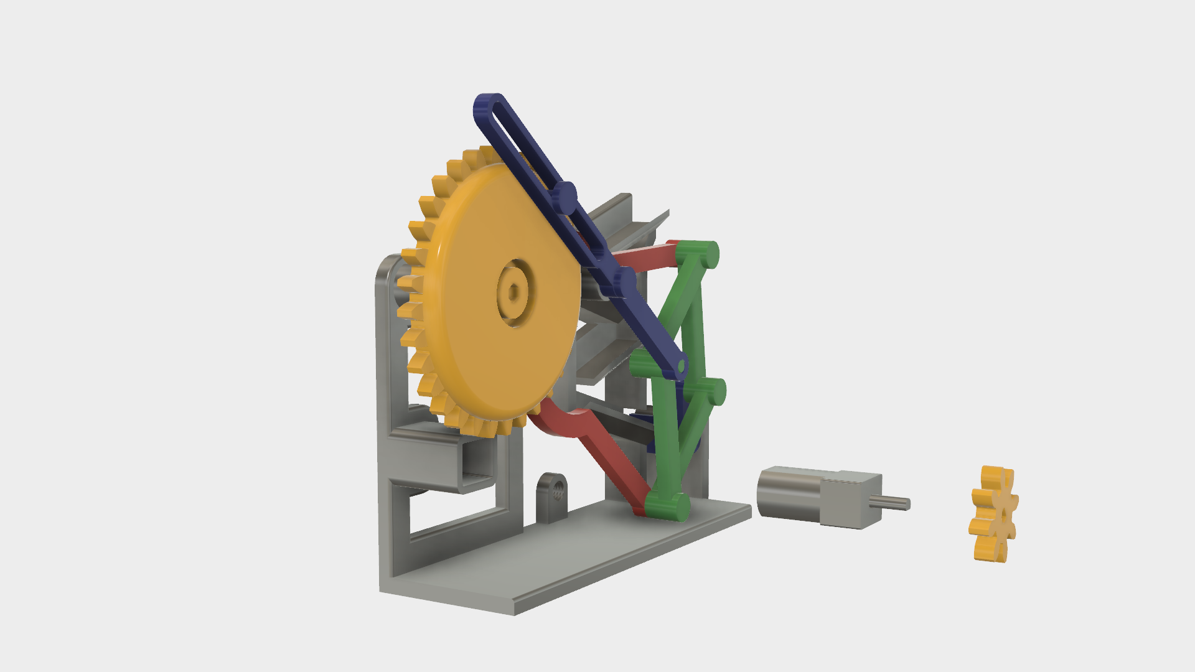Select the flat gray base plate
[560, 560]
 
